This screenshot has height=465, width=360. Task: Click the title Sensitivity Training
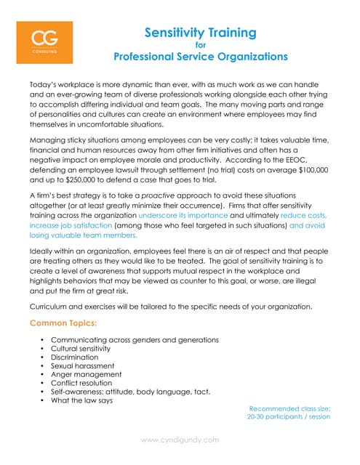(200, 32)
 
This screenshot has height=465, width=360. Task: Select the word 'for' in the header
(201, 44)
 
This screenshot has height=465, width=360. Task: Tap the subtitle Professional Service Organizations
(200, 56)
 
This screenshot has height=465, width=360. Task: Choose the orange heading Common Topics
(63, 322)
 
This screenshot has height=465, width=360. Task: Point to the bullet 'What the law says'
(81, 400)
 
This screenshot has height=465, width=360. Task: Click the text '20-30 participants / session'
(289, 418)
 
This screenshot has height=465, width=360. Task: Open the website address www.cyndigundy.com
(180, 440)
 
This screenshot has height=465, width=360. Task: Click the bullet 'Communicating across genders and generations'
(135, 340)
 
